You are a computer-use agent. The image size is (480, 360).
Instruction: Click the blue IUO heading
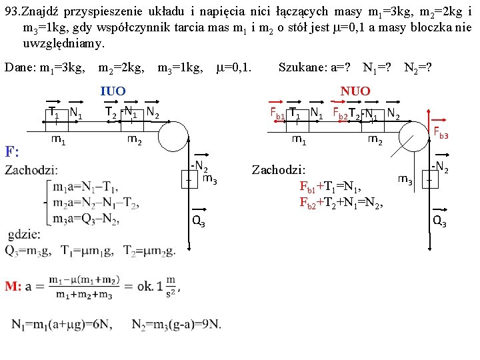[113, 91]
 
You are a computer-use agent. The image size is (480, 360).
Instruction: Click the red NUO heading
[355, 91]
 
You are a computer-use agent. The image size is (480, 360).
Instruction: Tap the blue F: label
[13, 151]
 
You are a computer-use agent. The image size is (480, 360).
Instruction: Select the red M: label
[14, 286]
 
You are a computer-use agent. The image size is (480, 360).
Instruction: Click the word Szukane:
[303, 67]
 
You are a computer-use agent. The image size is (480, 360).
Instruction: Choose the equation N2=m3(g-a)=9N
[176, 325]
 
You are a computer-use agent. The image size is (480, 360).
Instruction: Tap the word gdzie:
[25, 234]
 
